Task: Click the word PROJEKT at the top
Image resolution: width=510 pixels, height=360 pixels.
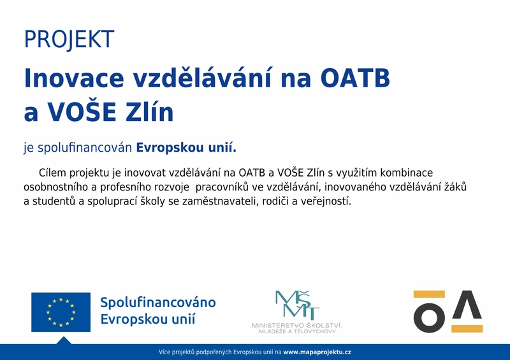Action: click(x=69, y=40)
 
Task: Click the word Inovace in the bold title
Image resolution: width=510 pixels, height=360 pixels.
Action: click(x=74, y=78)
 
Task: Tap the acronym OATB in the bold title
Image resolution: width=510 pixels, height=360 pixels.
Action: click(x=355, y=78)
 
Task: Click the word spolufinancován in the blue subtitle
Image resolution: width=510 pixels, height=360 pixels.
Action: click(x=85, y=148)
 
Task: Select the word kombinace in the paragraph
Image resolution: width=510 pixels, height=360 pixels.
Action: click(x=407, y=173)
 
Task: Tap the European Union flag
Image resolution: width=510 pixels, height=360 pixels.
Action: click(x=61, y=312)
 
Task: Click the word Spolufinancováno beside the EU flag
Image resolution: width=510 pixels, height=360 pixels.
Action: click(x=158, y=303)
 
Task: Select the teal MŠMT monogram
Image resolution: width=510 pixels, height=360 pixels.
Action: click(x=297, y=305)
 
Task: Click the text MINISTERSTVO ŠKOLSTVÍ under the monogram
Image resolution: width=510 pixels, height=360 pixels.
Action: click(x=297, y=325)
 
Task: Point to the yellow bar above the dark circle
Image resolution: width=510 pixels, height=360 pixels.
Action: click(x=429, y=294)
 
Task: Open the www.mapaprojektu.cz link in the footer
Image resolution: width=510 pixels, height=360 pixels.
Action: click(x=317, y=352)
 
